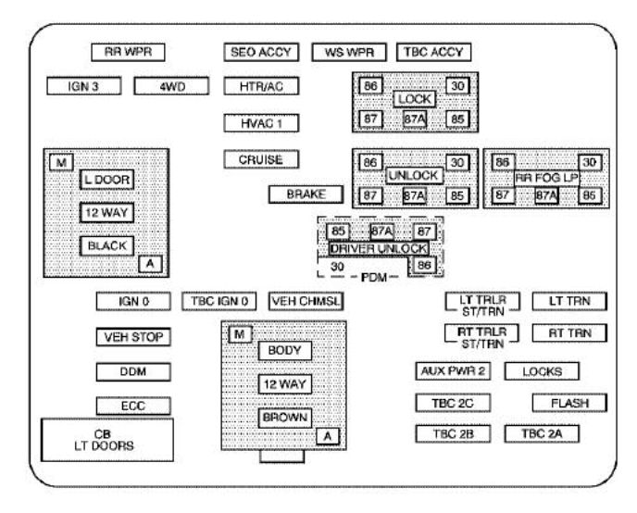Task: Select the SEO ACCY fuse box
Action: coord(261,52)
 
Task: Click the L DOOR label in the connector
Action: coord(106,179)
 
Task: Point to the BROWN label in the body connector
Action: coord(285,417)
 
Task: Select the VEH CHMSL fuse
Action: coord(306,301)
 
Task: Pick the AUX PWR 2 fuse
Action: coord(453,370)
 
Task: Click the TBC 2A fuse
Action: coord(542,433)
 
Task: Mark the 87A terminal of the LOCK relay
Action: coord(414,119)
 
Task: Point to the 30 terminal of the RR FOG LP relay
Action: coord(591,161)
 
